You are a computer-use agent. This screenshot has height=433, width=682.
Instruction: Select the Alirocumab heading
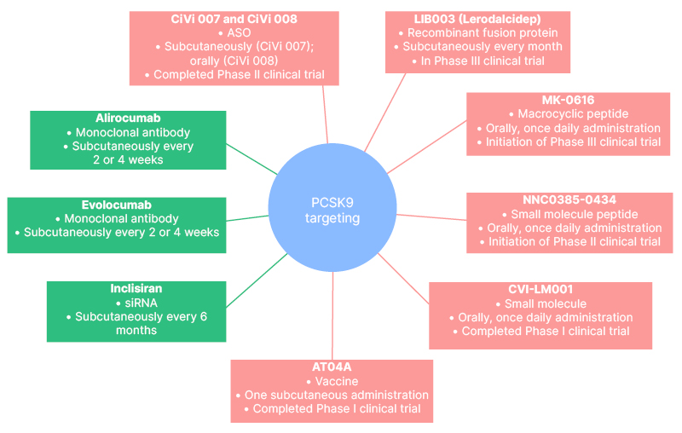(x=129, y=118)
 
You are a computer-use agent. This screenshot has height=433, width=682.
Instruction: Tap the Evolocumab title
(x=117, y=205)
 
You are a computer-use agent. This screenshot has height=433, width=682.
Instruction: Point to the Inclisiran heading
(x=136, y=288)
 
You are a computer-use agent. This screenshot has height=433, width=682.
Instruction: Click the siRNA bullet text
(x=140, y=303)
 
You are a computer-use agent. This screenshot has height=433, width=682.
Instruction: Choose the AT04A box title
(x=332, y=367)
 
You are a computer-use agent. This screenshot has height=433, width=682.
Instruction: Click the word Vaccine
(x=335, y=381)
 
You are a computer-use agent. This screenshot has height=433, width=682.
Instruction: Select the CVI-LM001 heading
(x=540, y=289)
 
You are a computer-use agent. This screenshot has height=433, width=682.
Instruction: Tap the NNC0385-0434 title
(x=575, y=199)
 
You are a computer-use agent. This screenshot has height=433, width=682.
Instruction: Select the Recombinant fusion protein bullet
(x=481, y=33)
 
